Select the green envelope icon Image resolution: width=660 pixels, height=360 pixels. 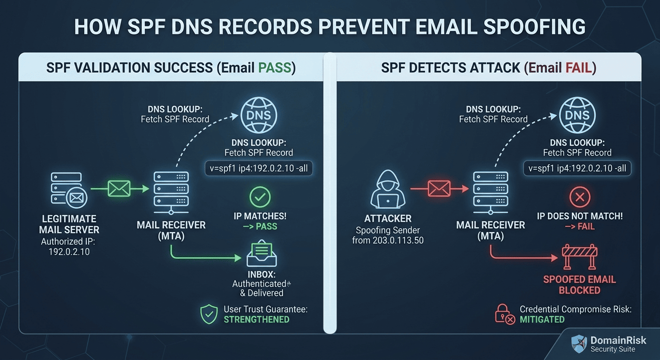coord(119,188)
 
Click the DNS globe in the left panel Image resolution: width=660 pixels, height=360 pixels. coord(258,115)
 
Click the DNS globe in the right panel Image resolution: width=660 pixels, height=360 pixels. coord(577,115)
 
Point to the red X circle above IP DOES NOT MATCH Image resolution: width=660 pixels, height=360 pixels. coord(579,197)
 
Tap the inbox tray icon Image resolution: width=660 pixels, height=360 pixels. coord(262,255)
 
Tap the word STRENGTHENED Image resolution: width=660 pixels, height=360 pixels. coord(256,320)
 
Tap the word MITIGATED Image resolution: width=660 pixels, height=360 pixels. coord(542,320)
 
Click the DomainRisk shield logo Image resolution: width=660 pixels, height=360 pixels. coord(579,344)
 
